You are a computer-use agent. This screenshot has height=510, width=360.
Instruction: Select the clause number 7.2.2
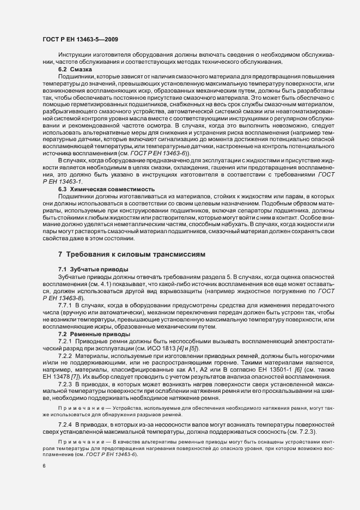tap(66, 356)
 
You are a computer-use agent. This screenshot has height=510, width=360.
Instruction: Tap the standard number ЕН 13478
tap(56, 378)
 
